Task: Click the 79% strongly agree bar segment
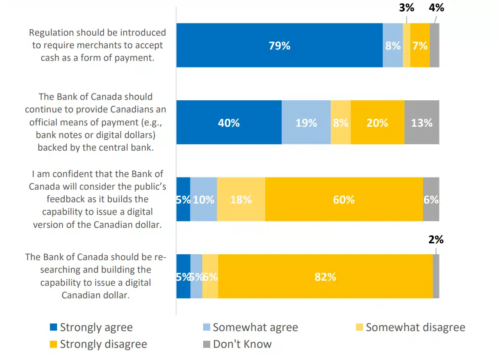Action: [280, 45]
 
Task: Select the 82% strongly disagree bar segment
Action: [325, 277]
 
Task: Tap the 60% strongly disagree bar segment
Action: [344, 199]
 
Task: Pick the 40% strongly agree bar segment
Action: [229, 123]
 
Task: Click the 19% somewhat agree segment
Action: [306, 123]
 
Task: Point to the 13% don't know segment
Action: [422, 123]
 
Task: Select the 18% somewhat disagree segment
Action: [241, 199]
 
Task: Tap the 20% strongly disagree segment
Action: [377, 123]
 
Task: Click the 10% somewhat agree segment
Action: [204, 199]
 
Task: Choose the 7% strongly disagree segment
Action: [420, 45]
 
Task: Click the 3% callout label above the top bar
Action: [406, 8]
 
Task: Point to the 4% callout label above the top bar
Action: [436, 8]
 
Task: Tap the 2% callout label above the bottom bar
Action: [436, 239]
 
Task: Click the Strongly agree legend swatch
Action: [53, 327]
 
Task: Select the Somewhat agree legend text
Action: [255, 327]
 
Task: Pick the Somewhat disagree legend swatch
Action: [359, 327]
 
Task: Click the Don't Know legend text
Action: [242, 344]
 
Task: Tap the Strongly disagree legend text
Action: [103, 344]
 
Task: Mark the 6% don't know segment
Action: [431, 199]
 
